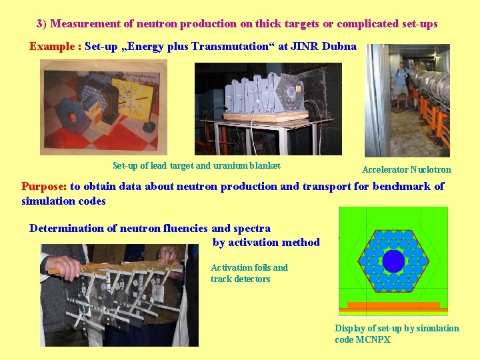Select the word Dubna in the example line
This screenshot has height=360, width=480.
[340, 47]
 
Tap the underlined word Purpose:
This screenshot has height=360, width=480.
[44, 187]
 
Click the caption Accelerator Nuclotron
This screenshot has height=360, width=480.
[406, 169]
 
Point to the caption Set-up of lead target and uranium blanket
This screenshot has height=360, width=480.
[196, 166]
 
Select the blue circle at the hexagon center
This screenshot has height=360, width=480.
[393, 260]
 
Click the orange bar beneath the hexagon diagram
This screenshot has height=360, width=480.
[393, 306]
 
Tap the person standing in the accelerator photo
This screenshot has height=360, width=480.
[401, 83]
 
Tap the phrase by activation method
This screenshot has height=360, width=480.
[266, 243]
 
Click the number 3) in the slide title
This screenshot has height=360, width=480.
[41, 24]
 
